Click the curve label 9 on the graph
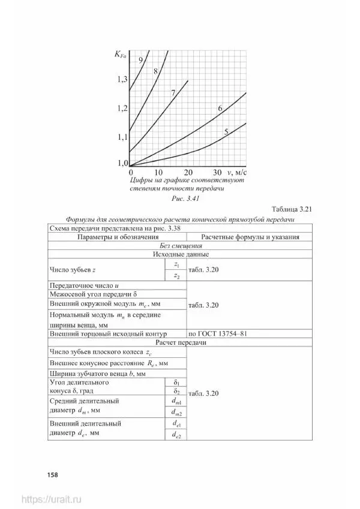(x=140, y=60)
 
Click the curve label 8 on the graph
(x=155, y=71)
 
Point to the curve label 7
(x=173, y=93)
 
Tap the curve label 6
(x=220, y=109)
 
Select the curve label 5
(x=226, y=132)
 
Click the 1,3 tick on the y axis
(x=122, y=80)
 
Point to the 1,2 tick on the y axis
(x=122, y=109)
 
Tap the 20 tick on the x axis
(x=188, y=171)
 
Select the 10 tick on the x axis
(x=160, y=171)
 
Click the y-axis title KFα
(x=120, y=56)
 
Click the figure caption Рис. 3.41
(x=185, y=198)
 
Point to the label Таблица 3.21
(x=293, y=209)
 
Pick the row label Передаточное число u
(x=76, y=286)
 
